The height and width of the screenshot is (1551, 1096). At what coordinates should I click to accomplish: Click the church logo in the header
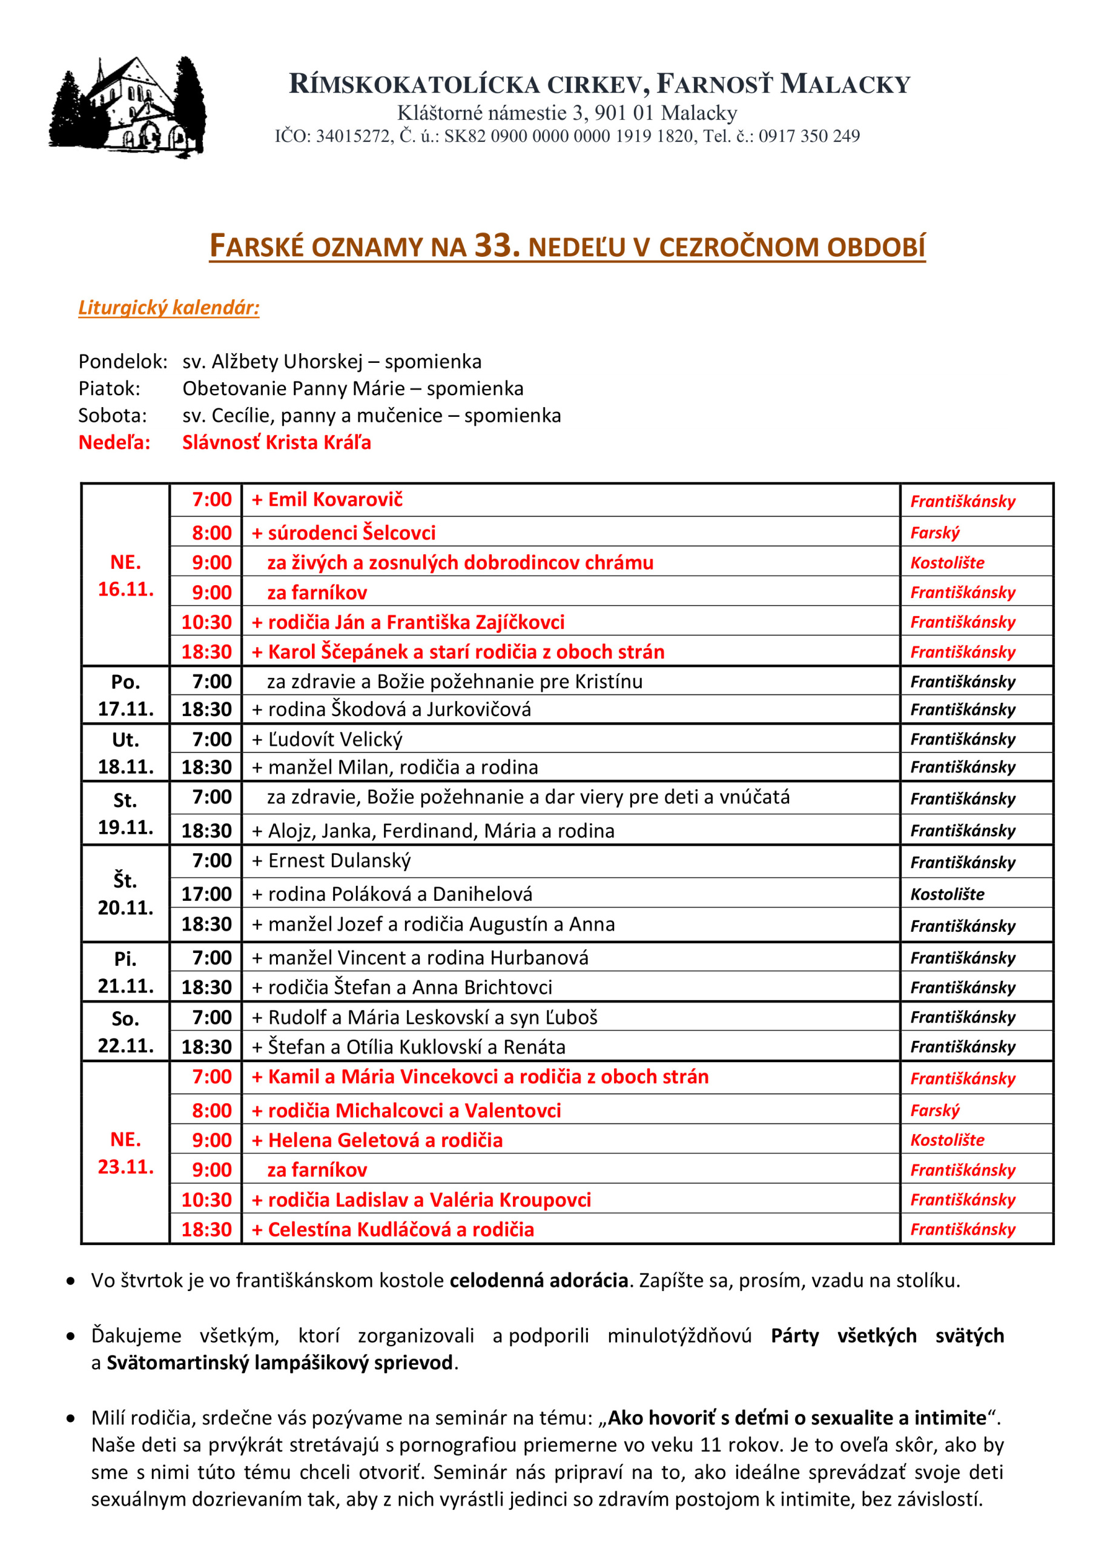click(x=128, y=108)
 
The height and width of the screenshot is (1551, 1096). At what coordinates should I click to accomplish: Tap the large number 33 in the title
click(x=497, y=245)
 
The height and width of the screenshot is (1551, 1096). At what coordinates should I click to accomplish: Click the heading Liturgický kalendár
click(x=169, y=308)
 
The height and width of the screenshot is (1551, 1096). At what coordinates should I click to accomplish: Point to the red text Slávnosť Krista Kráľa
click(x=276, y=442)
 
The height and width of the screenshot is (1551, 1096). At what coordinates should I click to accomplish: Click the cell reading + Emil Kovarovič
click(x=328, y=500)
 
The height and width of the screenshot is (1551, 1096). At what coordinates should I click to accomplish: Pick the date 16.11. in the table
click(x=125, y=589)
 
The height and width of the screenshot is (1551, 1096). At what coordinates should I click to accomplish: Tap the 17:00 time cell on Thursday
click(x=206, y=894)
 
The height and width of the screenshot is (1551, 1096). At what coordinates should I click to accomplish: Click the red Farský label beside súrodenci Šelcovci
click(x=934, y=533)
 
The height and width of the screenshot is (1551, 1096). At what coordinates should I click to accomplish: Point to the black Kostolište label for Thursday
click(x=947, y=894)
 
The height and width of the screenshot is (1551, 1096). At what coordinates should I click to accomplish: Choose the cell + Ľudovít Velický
click(x=328, y=740)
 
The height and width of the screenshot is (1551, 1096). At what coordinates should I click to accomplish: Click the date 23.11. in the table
click(x=125, y=1167)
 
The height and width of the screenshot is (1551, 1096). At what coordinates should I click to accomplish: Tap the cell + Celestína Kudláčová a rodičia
click(x=394, y=1229)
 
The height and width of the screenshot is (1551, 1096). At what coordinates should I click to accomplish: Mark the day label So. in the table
click(x=125, y=1018)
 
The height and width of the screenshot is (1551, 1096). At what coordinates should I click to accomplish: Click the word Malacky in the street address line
click(x=698, y=113)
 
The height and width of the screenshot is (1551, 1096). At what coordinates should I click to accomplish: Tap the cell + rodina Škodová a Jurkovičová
click(x=392, y=709)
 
